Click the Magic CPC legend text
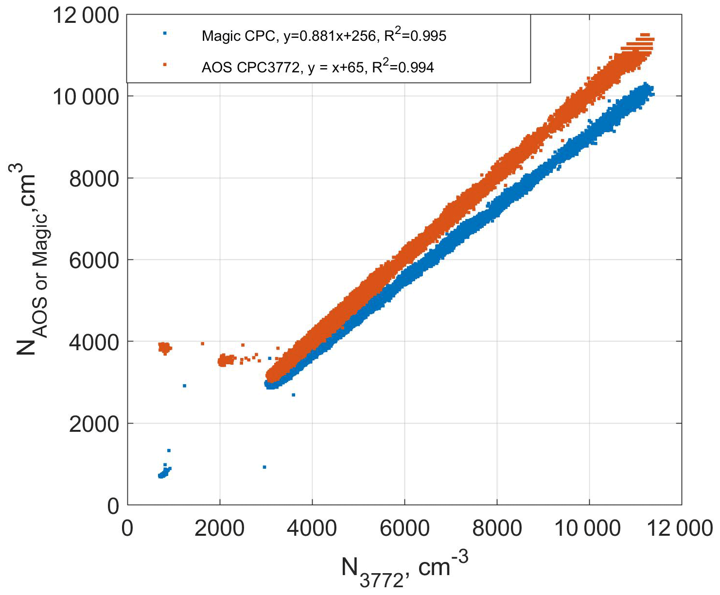coord(324,35)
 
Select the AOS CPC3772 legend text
coord(317,67)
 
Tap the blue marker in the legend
coord(165,33)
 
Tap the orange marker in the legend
coord(165,64)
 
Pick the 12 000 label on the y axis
coord(86,16)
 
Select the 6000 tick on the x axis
coord(404,528)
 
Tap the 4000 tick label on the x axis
coord(312,528)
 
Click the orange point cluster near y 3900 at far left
coord(165,347)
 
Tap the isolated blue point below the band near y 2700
coord(293,395)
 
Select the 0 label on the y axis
coord(113,506)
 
